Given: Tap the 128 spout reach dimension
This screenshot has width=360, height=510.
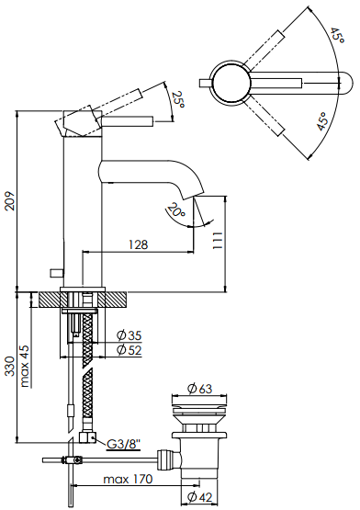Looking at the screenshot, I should tap(140, 245).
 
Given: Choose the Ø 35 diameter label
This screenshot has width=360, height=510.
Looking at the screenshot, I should tap(129, 336).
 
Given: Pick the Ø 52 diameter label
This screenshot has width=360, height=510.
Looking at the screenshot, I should tap(129, 351).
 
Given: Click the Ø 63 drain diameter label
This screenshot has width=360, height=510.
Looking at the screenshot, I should tap(199, 389).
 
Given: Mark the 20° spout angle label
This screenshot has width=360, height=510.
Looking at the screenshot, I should tap(174, 210).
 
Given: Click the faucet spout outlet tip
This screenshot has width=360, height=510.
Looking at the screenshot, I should tap(193, 196).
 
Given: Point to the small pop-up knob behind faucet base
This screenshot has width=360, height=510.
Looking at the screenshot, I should tap(55, 271).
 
